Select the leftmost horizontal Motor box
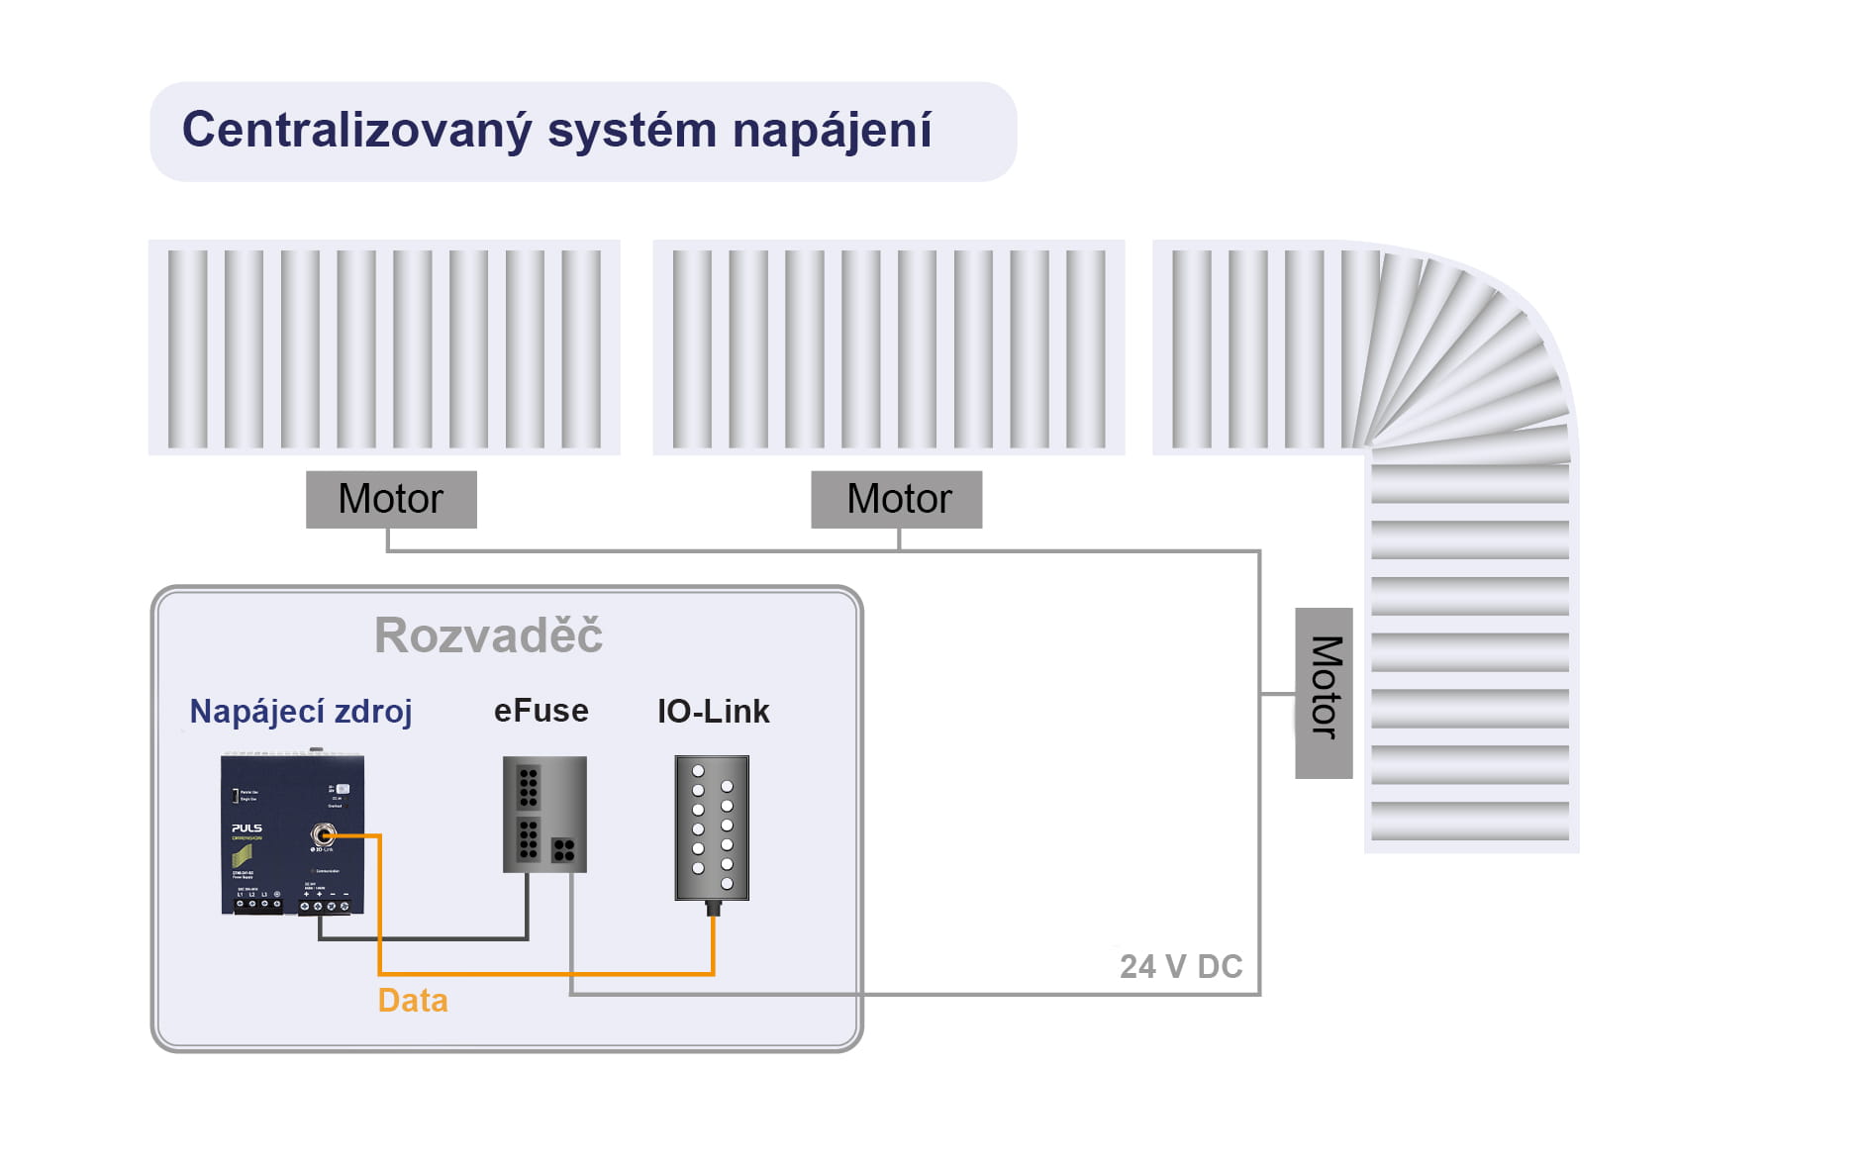point(391,499)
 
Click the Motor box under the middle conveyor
point(897,499)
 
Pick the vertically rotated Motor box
point(1325,693)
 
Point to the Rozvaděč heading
point(488,635)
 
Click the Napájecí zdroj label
point(300,712)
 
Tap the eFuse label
point(541,711)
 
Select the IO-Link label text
point(713,711)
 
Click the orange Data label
point(413,1001)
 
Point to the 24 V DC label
point(1181,966)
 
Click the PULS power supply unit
point(292,834)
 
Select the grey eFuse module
point(544,814)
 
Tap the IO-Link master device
point(712,828)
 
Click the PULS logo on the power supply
point(246,828)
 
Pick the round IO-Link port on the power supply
point(323,835)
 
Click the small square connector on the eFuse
point(563,849)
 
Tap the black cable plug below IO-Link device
point(712,908)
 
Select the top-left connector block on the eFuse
point(529,786)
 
